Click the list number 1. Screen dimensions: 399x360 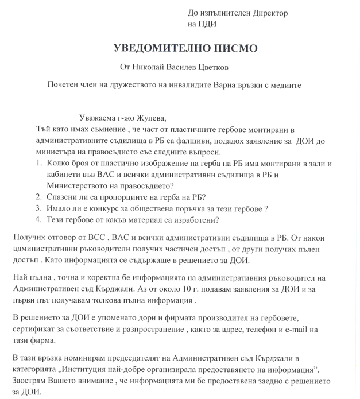coord(38,164)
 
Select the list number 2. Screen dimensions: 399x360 coord(38,197)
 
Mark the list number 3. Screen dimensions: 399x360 coord(38,208)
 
